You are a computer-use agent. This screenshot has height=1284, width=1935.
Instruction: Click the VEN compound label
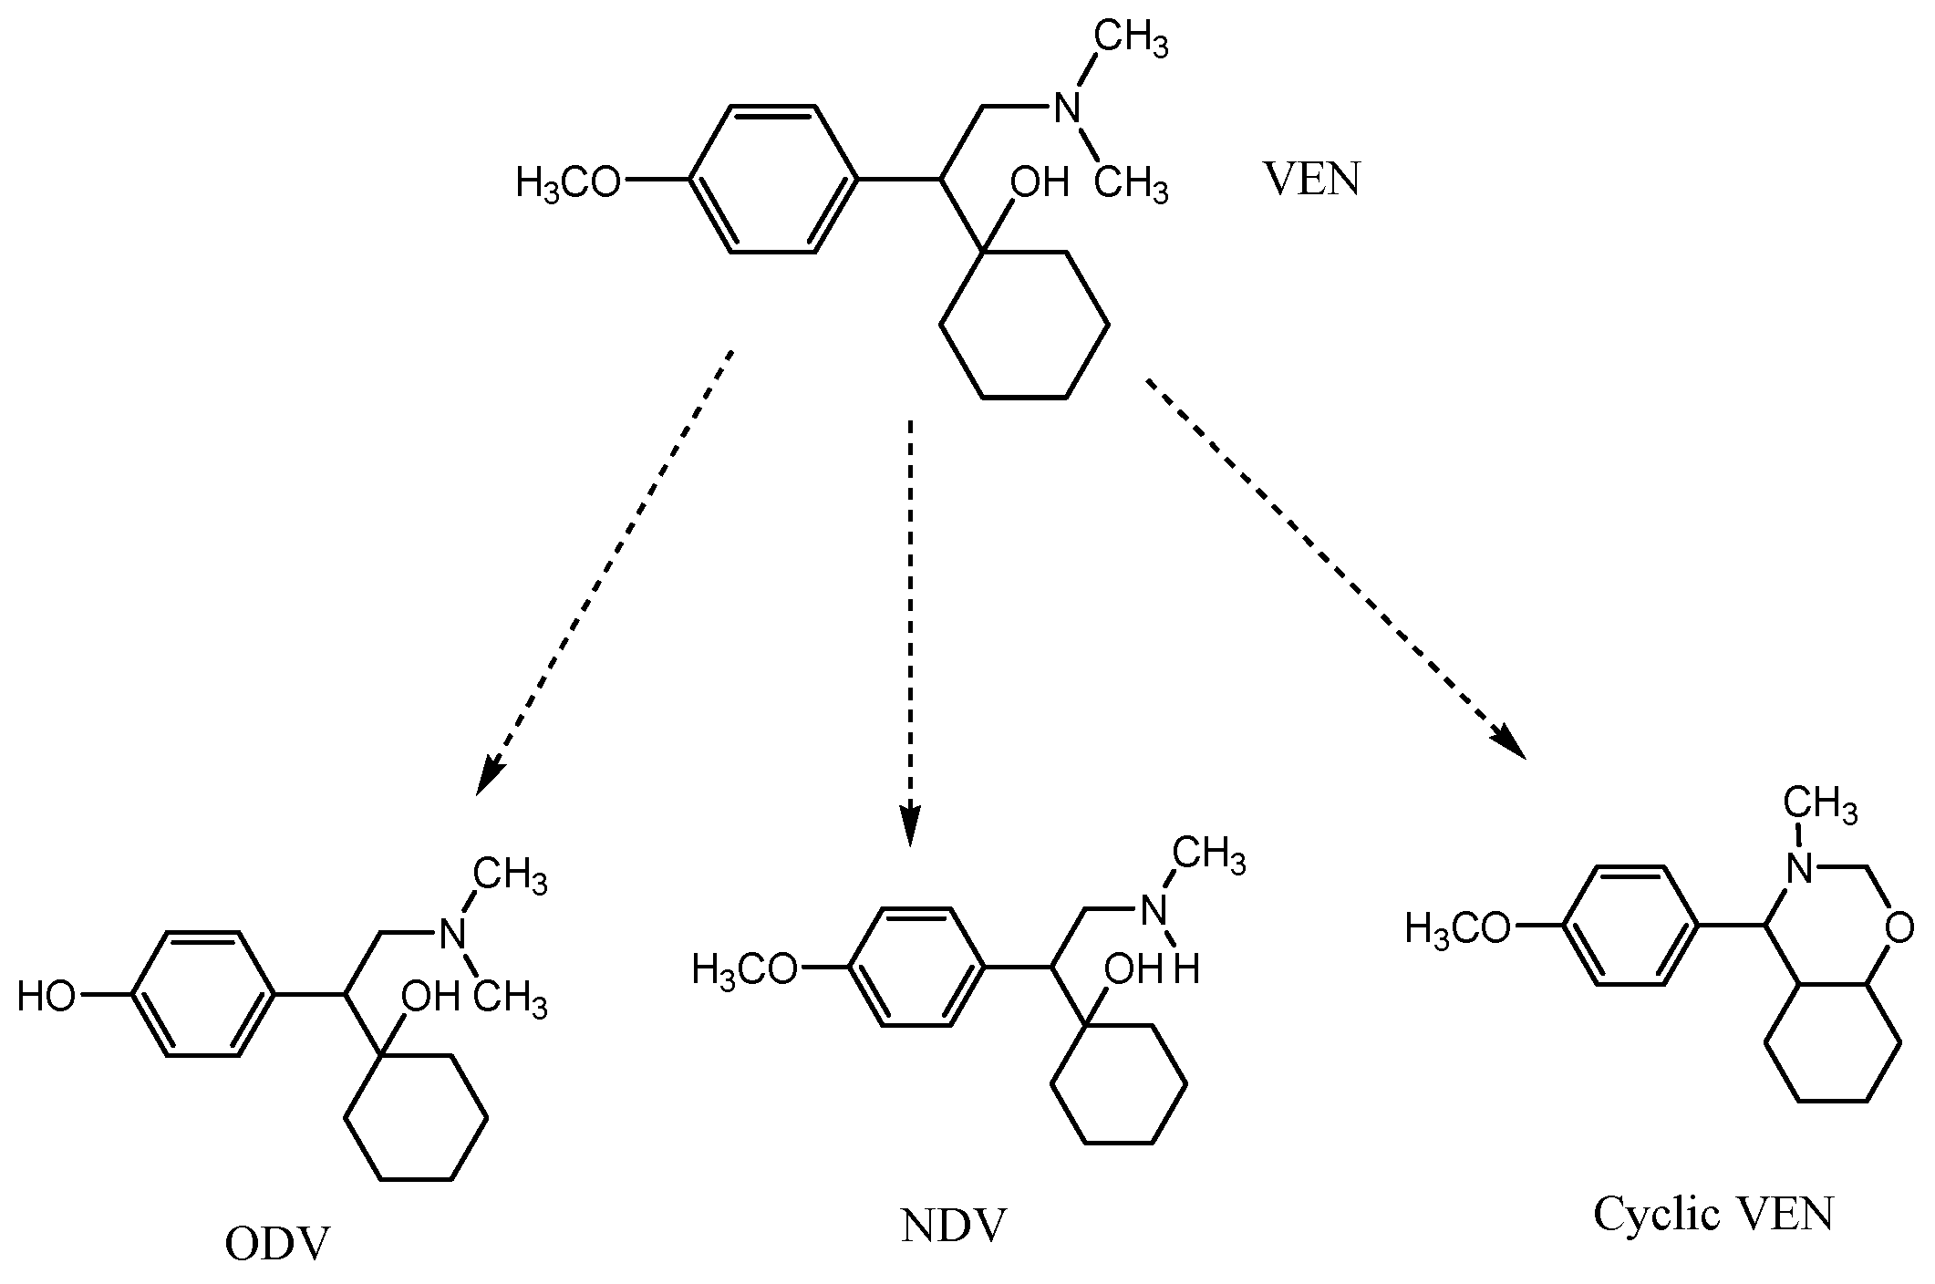pyautogui.click(x=1311, y=180)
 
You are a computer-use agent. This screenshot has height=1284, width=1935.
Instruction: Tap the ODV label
pyautogui.click(x=276, y=1244)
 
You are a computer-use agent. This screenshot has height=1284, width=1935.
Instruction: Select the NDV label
pyautogui.click(x=953, y=1227)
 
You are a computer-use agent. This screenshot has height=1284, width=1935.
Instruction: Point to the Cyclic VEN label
pyautogui.click(x=1713, y=1214)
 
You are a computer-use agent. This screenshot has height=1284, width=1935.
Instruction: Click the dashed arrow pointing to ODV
pyautogui.click(x=605, y=570)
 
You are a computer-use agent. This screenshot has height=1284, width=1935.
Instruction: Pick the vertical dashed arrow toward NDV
pyautogui.click(x=909, y=629)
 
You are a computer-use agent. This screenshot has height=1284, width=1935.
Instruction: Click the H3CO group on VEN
pyautogui.click(x=568, y=182)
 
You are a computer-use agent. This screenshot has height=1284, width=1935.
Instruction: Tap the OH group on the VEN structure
pyautogui.click(x=1039, y=182)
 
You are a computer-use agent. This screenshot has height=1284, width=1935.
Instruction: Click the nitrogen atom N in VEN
pyautogui.click(x=1067, y=109)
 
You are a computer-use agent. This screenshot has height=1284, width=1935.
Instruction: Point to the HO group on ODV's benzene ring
pyautogui.click(x=47, y=997)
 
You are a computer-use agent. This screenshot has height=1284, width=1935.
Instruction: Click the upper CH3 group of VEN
pyautogui.click(x=1131, y=41)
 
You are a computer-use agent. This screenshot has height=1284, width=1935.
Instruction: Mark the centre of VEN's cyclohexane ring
pyautogui.click(x=1024, y=325)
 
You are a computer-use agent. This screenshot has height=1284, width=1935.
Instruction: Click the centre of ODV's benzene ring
pyautogui.click(x=204, y=995)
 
